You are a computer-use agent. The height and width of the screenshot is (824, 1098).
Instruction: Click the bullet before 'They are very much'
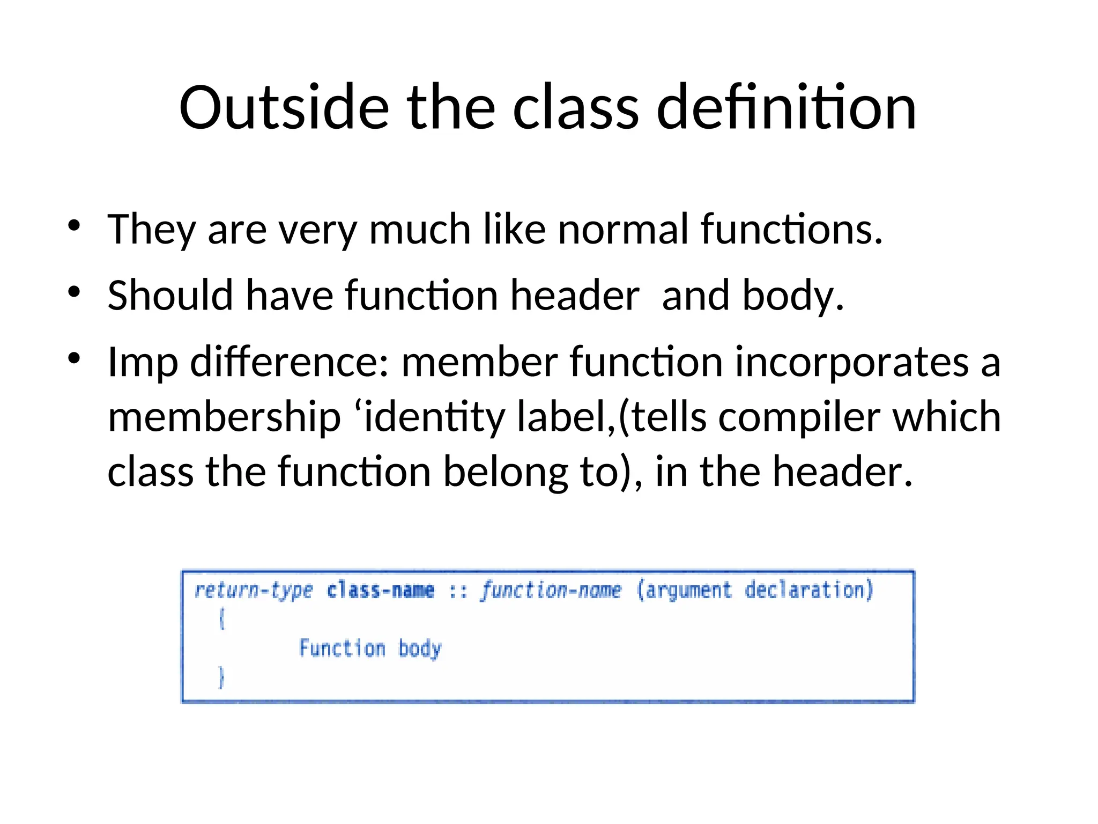74,225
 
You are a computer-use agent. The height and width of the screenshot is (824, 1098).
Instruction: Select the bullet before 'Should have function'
74,292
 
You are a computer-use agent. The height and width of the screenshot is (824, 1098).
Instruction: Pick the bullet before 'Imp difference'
74,358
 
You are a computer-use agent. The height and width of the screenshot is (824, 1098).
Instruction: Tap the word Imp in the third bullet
143,363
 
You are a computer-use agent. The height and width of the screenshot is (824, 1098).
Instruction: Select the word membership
224,417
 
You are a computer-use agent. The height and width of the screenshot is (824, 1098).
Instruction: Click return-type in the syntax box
253,591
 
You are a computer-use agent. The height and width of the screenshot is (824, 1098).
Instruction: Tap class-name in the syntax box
381,591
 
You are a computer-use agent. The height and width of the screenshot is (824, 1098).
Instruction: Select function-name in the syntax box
551,591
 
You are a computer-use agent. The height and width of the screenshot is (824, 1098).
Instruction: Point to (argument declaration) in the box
755,591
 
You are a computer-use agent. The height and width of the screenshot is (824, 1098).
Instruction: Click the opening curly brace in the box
221,619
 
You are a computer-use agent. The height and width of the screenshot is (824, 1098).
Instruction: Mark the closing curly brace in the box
221,677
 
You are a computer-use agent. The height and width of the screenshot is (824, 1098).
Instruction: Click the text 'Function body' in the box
370,649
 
